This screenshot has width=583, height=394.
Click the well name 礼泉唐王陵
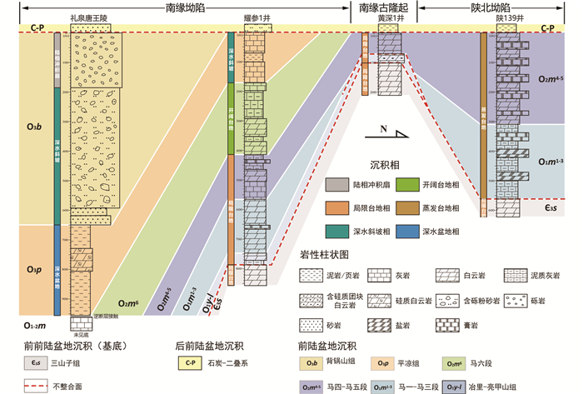(91, 17)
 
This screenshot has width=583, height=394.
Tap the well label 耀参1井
(255, 17)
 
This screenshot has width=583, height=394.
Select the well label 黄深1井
(390, 17)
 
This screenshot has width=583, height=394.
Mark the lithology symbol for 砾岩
(517, 297)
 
